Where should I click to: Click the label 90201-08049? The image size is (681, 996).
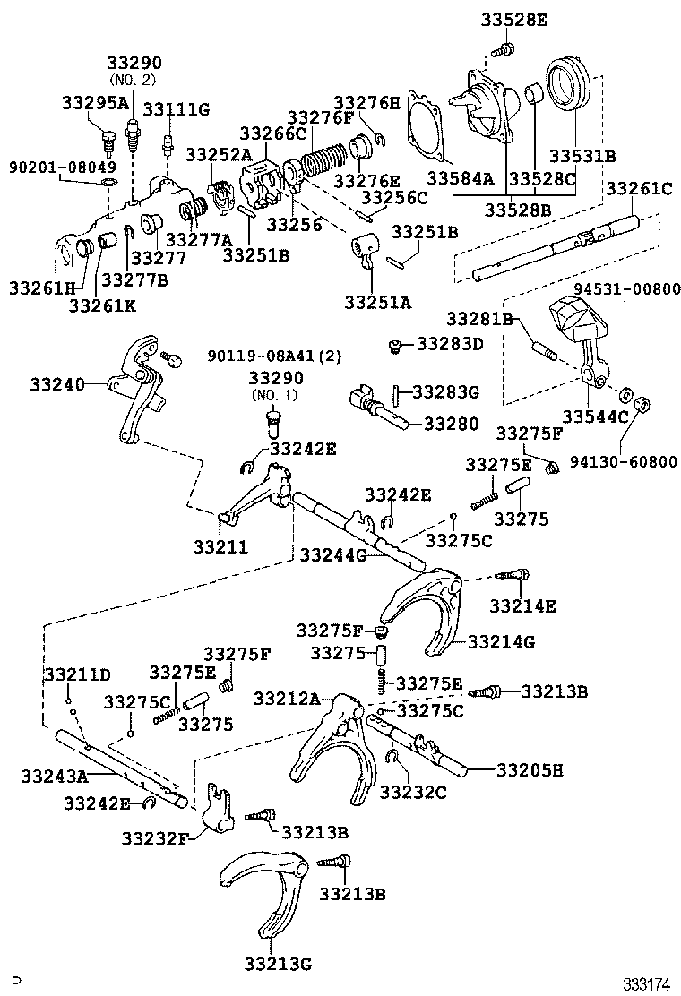[50, 167]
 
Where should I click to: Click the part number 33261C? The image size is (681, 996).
[639, 188]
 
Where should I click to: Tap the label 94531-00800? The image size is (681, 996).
[628, 288]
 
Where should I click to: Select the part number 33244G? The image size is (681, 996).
[333, 555]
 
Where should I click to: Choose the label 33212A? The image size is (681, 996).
[287, 698]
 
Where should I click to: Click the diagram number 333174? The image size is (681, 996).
[647, 983]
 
